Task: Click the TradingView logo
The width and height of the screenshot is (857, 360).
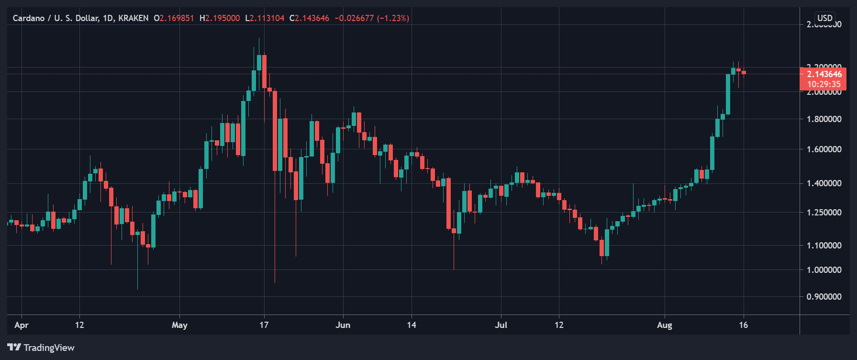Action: [41, 348]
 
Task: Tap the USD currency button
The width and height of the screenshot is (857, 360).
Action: [824, 18]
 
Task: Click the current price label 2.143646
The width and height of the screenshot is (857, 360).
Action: [824, 74]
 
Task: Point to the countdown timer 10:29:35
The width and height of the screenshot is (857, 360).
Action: [824, 84]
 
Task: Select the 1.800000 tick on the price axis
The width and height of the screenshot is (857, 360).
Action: [824, 119]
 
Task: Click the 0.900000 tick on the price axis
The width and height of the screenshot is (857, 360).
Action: [824, 297]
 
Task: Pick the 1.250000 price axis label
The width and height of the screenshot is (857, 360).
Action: [824, 213]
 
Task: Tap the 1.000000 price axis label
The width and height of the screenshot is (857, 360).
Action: [824, 270]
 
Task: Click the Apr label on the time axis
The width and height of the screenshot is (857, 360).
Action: [22, 326]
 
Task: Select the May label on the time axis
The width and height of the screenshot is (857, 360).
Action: [179, 326]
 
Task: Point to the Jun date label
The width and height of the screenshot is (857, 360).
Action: [343, 326]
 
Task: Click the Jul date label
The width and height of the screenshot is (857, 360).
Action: [501, 326]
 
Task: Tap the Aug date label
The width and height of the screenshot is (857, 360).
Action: [664, 326]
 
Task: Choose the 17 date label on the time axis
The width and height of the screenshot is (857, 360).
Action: [264, 326]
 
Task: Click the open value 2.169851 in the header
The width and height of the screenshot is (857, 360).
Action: [177, 18]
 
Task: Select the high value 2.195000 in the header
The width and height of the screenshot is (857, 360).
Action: [223, 18]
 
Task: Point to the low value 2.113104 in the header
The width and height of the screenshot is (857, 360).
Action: [267, 18]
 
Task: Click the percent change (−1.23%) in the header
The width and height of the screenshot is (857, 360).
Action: [393, 18]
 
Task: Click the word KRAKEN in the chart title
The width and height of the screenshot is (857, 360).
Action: [133, 18]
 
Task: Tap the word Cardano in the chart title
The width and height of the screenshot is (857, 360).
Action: [29, 18]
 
